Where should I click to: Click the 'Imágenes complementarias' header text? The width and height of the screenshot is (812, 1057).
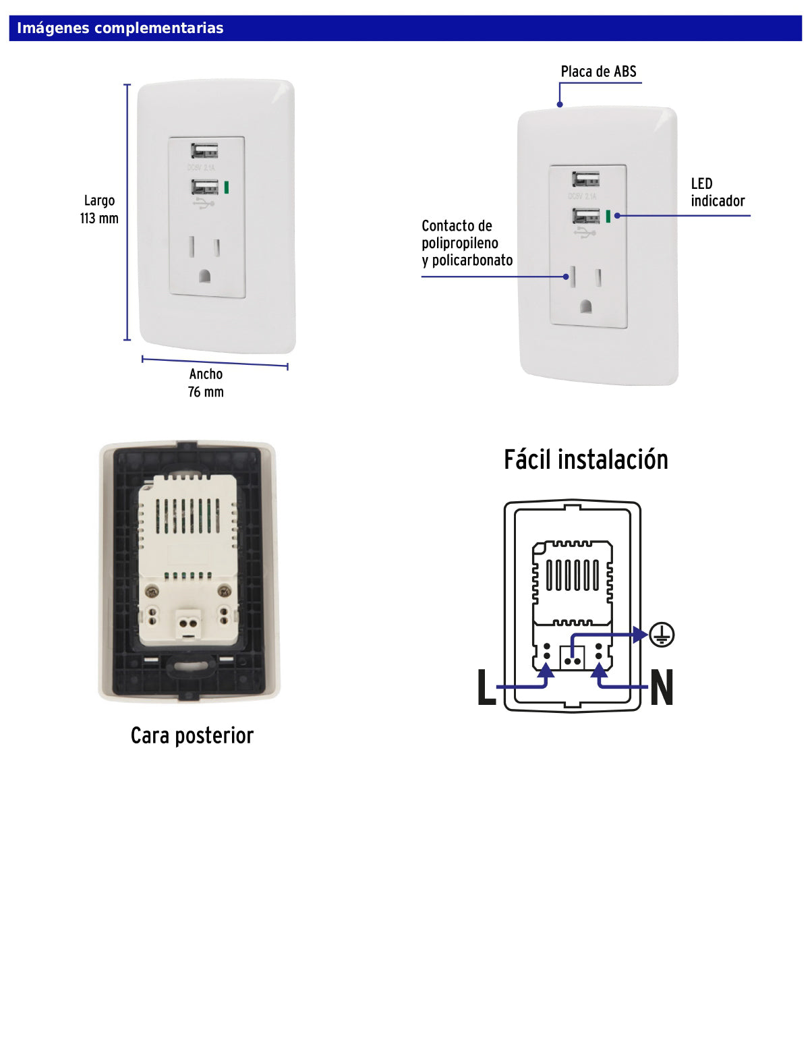click(x=120, y=28)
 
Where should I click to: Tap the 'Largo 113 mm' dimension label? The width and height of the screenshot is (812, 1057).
click(x=99, y=210)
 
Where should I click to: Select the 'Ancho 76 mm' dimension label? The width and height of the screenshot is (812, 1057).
click(x=206, y=383)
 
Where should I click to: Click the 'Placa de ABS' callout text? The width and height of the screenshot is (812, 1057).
click(x=598, y=72)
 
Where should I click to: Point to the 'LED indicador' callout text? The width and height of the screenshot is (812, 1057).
click(x=717, y=193)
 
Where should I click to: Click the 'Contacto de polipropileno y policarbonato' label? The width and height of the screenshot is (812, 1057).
click(x=467, y=244)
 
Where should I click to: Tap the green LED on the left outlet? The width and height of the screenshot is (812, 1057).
click(x=227, y=187)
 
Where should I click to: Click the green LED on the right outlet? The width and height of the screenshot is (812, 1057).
click(x=608, y=216)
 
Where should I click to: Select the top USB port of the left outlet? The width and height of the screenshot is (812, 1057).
click(x=204, y=150)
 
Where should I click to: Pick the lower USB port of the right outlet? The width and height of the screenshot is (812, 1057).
click(x=585, y=216)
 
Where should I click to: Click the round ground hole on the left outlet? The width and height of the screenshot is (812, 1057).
click(x=205, y=276)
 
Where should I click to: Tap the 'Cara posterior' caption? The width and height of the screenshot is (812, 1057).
click(x=192, y=736)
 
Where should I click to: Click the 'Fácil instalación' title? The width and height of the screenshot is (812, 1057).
click(x=585, y=460)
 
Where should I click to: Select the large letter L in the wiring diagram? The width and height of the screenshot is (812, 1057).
click(x=486, y=687)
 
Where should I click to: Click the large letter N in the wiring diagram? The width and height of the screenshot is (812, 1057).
click(x=662, y=687)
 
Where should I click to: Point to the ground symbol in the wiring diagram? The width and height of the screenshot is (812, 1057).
click(x=662, y=635)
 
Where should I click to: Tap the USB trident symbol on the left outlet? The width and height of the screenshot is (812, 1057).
click(x=204, y=202)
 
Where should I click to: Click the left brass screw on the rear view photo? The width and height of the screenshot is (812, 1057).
click(x=152, y=592)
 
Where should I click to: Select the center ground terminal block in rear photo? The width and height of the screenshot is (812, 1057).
click(x=189, y=623)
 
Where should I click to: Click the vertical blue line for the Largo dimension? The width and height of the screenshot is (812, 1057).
click(x=127, y=212)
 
